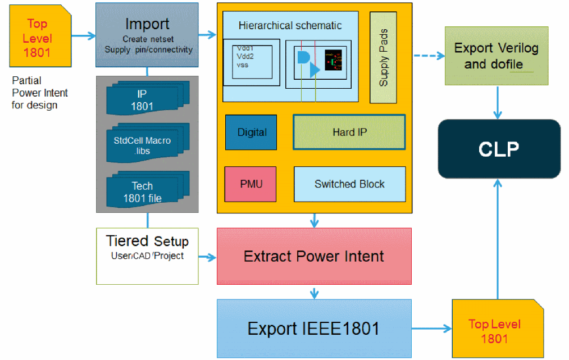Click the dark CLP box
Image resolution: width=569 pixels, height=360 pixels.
[499, 149]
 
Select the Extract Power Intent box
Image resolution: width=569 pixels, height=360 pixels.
[314, 257]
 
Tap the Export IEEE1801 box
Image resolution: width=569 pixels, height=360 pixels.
[314, 329]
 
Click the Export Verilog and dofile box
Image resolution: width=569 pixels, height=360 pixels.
[496, 56]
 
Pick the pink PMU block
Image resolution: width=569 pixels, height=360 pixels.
[251, 184]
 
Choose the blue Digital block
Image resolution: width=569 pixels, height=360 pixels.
[251, 133]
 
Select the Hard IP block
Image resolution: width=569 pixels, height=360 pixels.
[349, 133]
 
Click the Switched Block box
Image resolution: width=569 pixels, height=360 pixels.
[349, 184]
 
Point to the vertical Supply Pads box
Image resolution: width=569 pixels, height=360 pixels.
[384, 57]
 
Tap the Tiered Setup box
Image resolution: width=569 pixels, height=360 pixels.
[147, 256]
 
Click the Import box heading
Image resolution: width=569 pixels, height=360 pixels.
[147, 24]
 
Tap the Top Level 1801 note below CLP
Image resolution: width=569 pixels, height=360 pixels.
[494, 330]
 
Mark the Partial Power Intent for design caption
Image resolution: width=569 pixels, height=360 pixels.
[39, 93]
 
